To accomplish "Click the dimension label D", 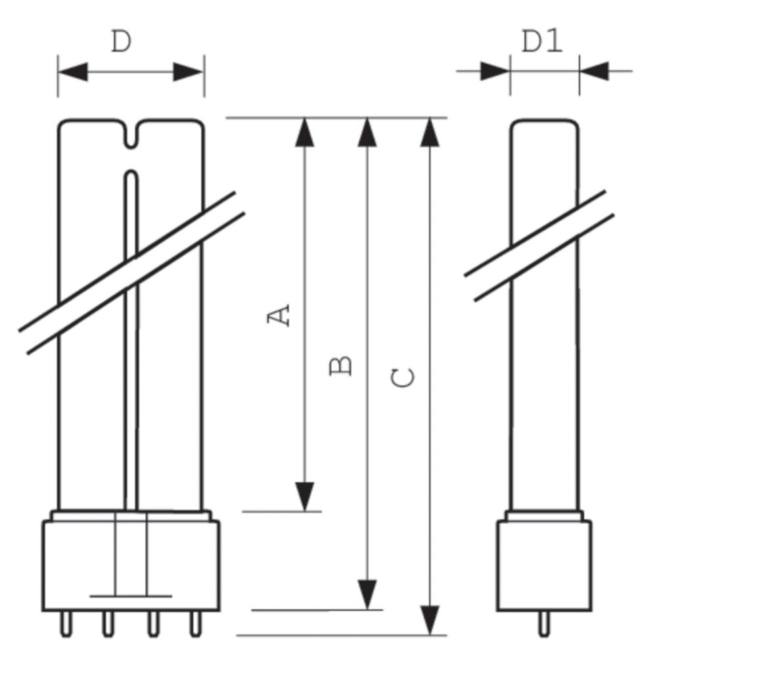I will pyautogui.click(x=122, y=42).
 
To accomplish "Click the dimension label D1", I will pyautogui.click(x=542, y=42).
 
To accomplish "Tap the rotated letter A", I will pyautogui.click(x=280, y=315).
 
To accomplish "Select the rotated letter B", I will pyautogui.click(x=341, y=365).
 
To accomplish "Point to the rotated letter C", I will pyautogui.click(x=403, y=378).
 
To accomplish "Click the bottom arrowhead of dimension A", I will pyautogui.click(x=304, y=496).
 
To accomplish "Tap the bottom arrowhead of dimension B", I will pyautogui.click(x=367, y=594).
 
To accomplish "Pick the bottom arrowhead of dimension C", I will pyautogui.click(x=429, y=620).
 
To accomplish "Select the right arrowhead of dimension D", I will pyautogui.click(x=189, y=72).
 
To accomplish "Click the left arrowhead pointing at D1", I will pyautogui.click(x=495, y=71).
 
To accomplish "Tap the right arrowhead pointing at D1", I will pyautogui.click(x=594, y=71).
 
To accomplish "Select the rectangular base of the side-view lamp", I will pyautogui.click(x=543, y=565).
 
